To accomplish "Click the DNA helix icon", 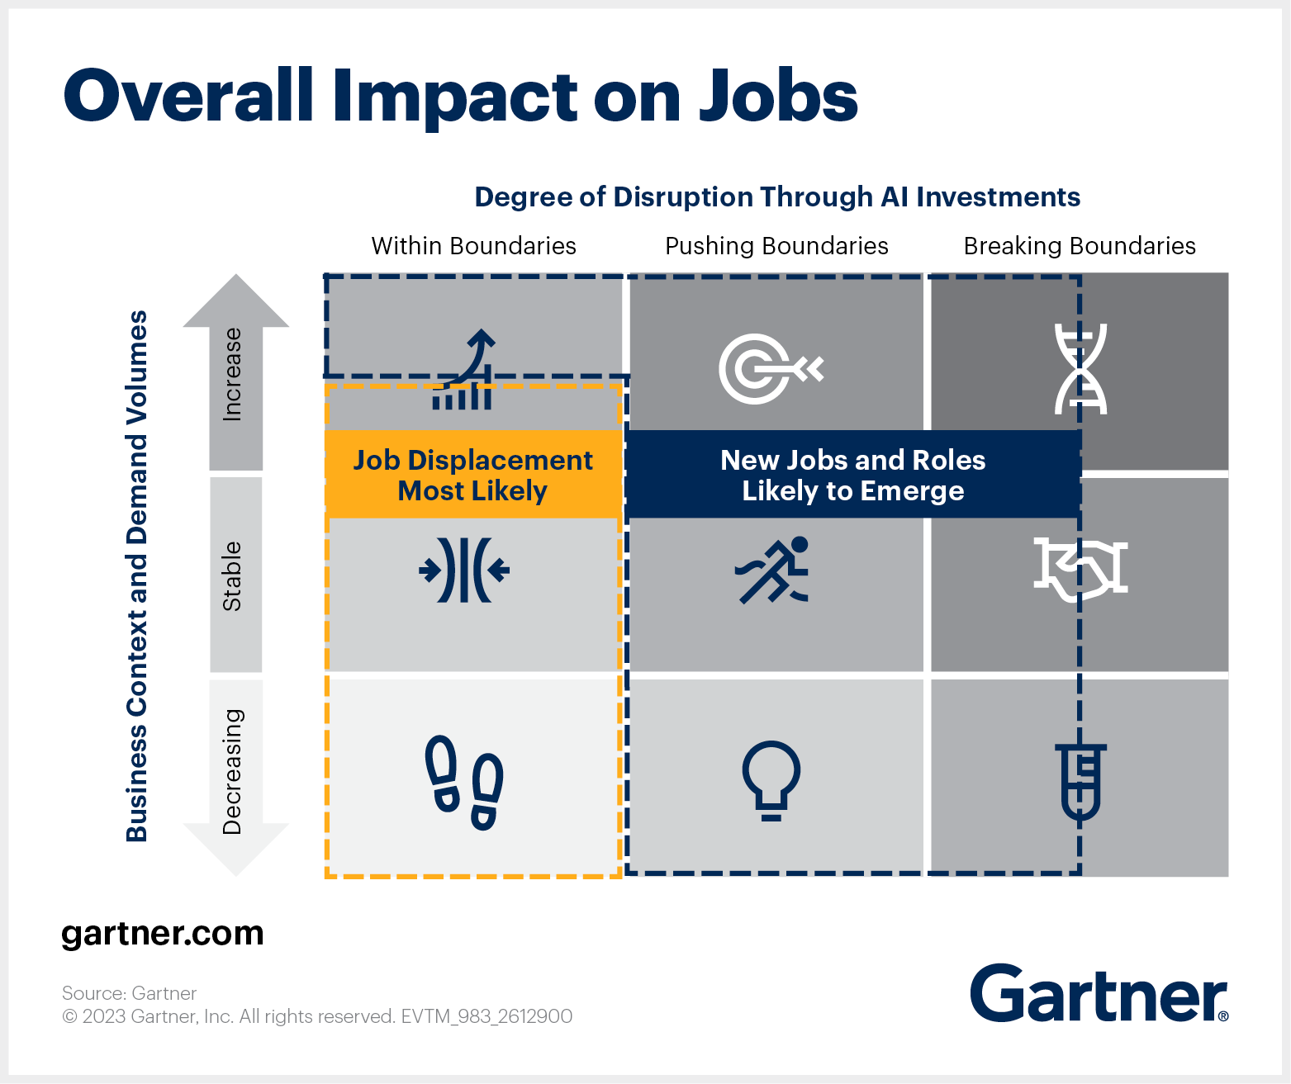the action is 1080,368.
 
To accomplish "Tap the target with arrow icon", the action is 771,369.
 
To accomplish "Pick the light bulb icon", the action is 771,780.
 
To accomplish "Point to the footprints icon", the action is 463,783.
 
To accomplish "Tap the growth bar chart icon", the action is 463,369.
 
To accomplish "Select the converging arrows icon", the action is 463,570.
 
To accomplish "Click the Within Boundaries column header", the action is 473,246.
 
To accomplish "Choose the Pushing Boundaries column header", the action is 776,246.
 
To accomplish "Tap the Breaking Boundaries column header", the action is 1080,246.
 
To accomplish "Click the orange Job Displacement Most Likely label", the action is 473,474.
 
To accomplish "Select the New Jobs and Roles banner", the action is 853,474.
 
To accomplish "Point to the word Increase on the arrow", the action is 232,375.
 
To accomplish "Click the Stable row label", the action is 232,576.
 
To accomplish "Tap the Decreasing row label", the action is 232,771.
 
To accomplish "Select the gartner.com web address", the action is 163,934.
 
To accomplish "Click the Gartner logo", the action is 1099,993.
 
